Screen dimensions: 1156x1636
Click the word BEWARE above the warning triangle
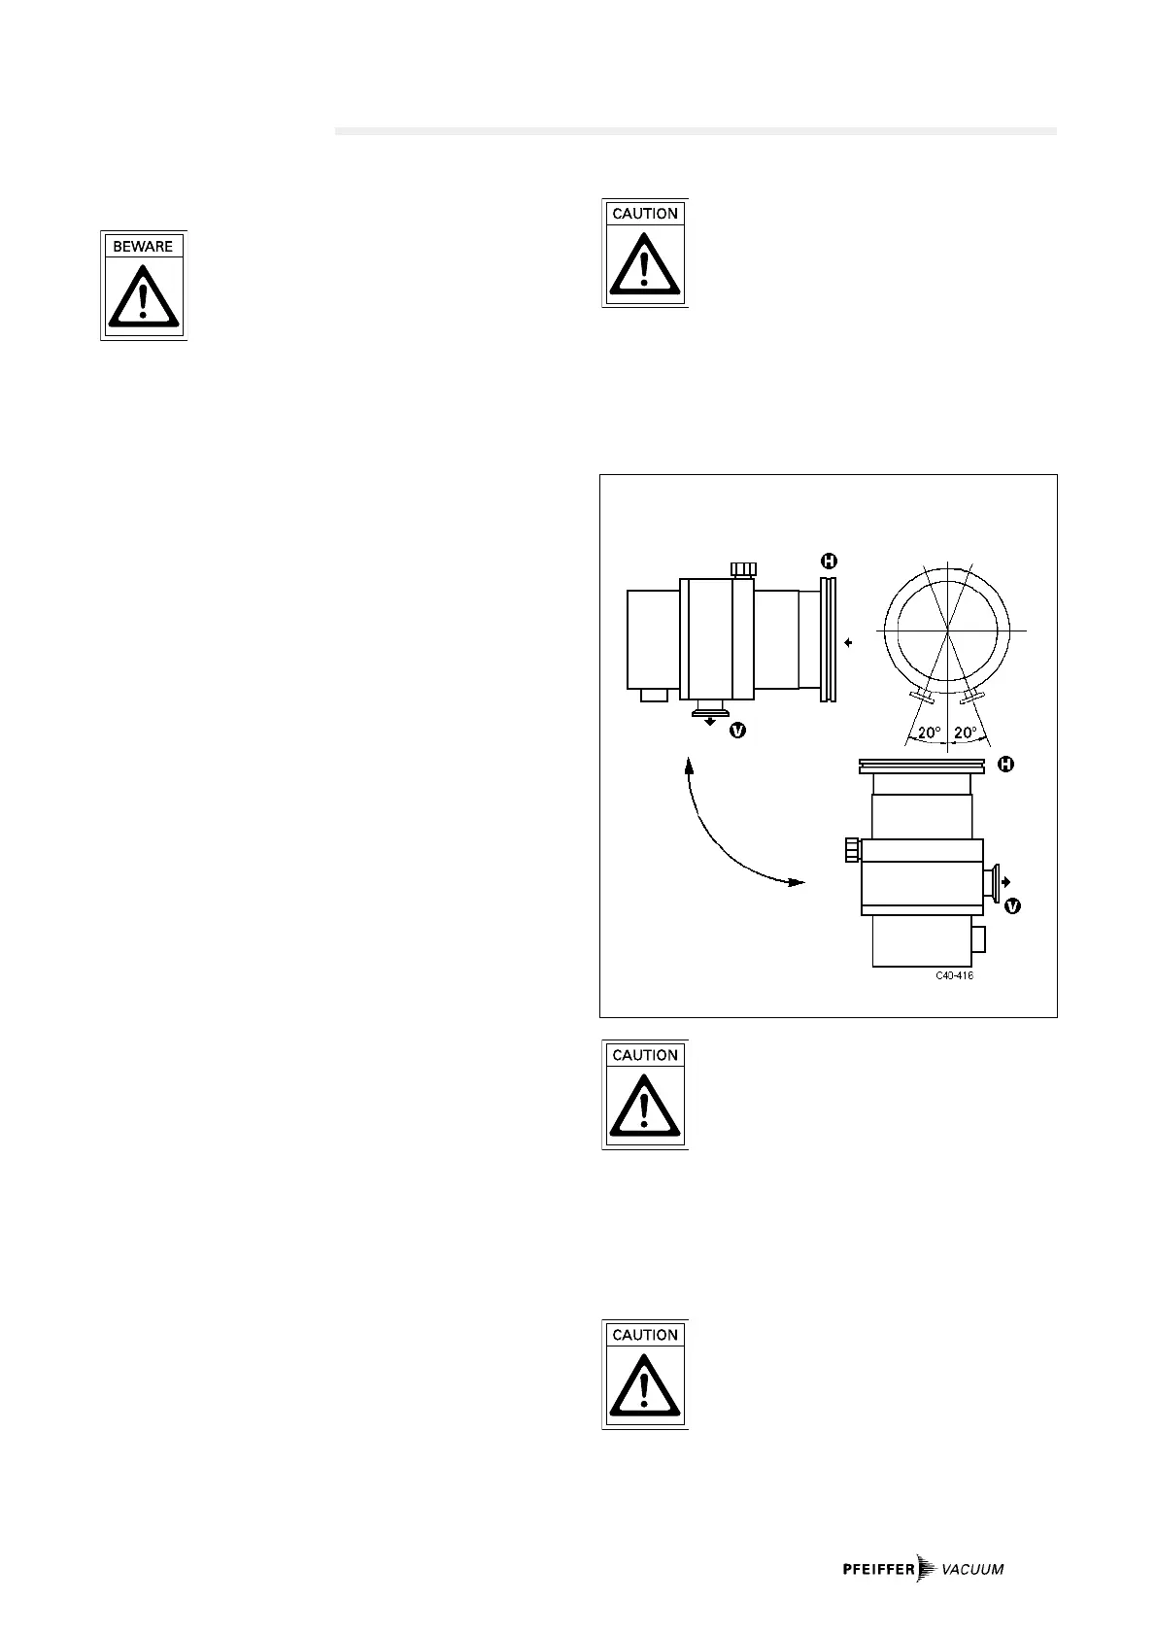tap(143, 247)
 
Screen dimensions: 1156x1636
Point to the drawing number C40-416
tap(954, 975)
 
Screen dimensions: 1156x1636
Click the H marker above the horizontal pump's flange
tap(829, 561)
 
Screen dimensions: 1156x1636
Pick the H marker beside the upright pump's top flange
tap(1006, 765)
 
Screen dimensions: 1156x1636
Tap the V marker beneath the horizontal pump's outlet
tap(737, 730)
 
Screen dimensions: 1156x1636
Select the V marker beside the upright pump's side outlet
tap(1012, 905)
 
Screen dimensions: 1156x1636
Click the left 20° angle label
tap(930, 733)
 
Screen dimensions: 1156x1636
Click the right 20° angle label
tap(966, 733)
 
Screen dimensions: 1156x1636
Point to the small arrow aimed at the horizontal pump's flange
tap(849, 642)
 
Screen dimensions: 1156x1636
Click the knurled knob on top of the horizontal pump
tap(744, 568)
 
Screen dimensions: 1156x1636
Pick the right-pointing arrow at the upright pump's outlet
tap(1005, 881)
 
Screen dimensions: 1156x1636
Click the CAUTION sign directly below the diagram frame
tap(645, 1095)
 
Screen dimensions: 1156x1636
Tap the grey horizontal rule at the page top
tap(695, 130)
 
